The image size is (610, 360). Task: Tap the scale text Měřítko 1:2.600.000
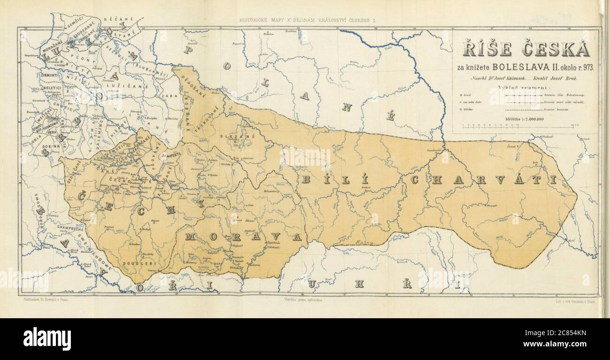[525, 119]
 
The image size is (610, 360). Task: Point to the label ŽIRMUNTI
[49, 75]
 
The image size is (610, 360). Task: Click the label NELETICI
[52, 87]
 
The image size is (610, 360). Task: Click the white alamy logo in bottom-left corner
[47, 339]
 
